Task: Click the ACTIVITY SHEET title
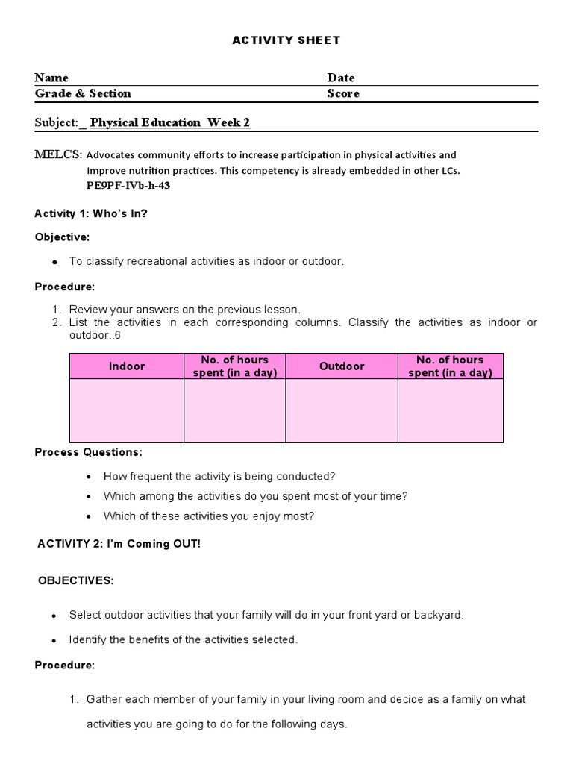(x=286, y=40)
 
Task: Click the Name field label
(x=51, y=78)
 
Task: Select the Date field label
(x=341, y=78)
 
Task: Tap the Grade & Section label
(x=83, y=93)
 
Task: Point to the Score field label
(x=343, y=93)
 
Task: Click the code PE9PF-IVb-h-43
(x=128, y=185)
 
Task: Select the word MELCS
(x=58, y=155)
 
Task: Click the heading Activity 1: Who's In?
(x=91, y=213)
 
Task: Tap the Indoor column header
(x=127, y=366)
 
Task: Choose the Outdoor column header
(x=342, y=366)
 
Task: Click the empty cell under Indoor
(x=127, y=410)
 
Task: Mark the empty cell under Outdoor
(x=342, y=410)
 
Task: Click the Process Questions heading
(x=88, y=452)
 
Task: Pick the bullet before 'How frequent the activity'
(x=90, y=477)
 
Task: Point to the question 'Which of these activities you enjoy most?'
(x=209, y=516)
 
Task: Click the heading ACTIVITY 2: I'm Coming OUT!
(x=119, y=544)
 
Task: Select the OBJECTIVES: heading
(x=76, y=581)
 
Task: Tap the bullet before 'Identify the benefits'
(x=54, y=640)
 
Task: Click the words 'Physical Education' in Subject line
(x=145, y=122)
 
